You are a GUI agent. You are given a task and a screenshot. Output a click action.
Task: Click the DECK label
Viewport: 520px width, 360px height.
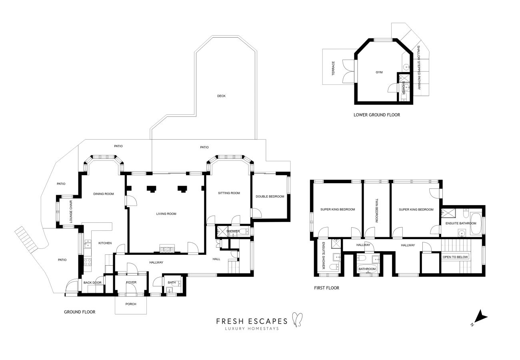(221, 96)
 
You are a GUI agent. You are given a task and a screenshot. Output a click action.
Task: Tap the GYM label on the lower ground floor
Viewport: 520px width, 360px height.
(379, 72)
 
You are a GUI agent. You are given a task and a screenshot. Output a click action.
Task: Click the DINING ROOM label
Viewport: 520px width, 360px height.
(104, 194)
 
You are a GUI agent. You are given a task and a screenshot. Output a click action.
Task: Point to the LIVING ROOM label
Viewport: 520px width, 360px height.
(166, 214)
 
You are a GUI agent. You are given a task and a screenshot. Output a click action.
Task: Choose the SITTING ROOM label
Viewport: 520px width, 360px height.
(229, 193)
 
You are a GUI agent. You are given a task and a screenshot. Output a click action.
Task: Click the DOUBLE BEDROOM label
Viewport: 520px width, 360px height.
(270, 196)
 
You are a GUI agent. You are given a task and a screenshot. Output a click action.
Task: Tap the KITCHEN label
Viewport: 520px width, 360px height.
(105, 243)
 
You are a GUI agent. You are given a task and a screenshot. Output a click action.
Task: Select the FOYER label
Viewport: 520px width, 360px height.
(131, 282)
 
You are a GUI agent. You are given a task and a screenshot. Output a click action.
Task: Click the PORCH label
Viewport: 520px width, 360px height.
(131, 304)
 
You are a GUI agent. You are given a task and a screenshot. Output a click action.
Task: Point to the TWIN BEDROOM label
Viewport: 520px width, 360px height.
(376, 210)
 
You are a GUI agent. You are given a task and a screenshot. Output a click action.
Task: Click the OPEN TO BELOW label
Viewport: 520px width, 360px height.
(455, 257)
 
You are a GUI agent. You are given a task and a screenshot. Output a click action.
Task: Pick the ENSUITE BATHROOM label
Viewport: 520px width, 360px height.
(461, 223)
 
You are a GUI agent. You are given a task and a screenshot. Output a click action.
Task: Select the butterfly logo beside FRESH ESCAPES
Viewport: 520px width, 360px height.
(297, 320)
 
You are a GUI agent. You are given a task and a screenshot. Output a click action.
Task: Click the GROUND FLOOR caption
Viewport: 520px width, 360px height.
(80, 312)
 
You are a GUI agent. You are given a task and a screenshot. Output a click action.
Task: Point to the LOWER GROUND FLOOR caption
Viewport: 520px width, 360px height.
(376, 115)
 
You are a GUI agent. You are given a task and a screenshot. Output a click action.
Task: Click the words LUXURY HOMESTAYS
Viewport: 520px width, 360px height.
(252, 329)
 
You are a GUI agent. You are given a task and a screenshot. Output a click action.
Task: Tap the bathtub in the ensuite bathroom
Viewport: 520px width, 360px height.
(475, 224)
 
